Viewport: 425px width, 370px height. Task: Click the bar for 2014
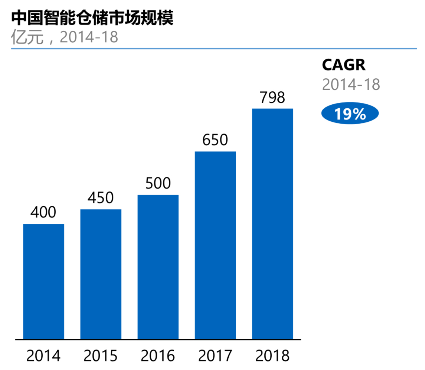point(43,281)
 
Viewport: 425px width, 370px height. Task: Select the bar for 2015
point(101,274)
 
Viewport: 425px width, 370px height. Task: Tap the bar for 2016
point(158,267)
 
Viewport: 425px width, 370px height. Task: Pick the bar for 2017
point(215,245)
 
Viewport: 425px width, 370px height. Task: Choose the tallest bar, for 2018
point(272,224)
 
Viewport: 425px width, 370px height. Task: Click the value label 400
point(43,212)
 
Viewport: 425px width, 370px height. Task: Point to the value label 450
point(101,198)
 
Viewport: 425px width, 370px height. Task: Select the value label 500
point(158,183)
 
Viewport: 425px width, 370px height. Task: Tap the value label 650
point(215,140)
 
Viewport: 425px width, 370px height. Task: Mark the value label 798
point(272,97)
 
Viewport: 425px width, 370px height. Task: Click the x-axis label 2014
point(43,356)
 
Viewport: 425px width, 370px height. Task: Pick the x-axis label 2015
point(101,356)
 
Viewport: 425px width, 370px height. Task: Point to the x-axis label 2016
point(158,356)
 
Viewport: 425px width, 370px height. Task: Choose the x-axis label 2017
point(215,356)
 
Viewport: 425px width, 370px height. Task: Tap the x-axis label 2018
point(272,356)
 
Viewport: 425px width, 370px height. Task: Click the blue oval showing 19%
point(350,114)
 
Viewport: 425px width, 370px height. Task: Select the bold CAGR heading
point(344,65)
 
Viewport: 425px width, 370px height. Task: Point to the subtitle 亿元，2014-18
point(65,37)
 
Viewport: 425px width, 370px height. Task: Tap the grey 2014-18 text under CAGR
point(351,85)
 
